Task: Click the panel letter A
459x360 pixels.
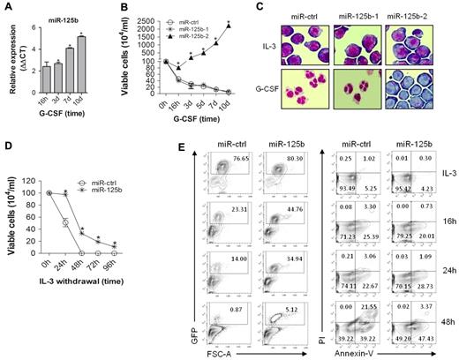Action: (x=6, y=7)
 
